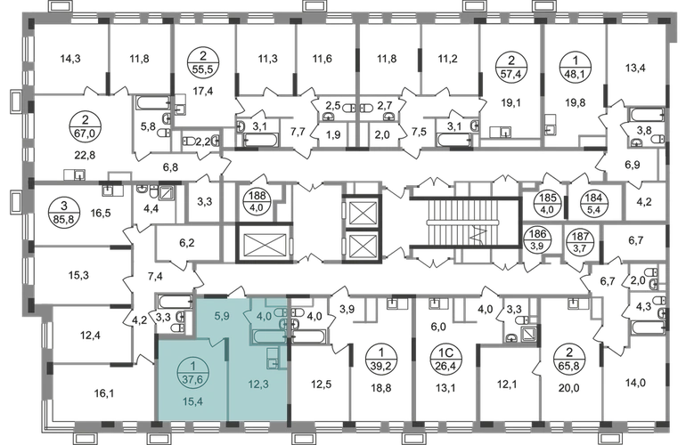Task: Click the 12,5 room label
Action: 321,384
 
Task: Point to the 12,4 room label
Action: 508,384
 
